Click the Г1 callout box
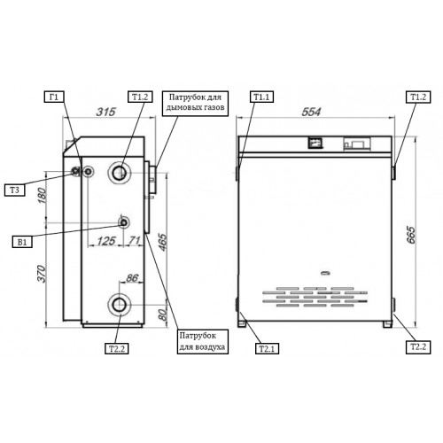[54, 97]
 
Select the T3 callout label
[14, 190]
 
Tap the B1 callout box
[22, 242]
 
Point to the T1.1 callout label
[262, 97]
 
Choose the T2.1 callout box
[267, 348]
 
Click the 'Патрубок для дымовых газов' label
[195, 103]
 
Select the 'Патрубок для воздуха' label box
[203, 342]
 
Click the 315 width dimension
[105, 112]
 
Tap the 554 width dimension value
[311, 112]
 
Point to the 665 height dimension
[411, 235]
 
